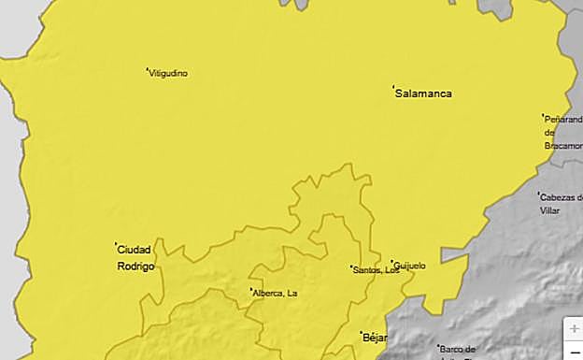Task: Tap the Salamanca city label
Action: pos(423,94)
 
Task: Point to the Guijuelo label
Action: pos(410,266)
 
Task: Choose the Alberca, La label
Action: pos(277,294)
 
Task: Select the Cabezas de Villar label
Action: pos(561,204)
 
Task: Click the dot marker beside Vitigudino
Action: pos(148,69)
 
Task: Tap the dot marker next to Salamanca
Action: pos(392,89)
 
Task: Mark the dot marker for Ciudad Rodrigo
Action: pos(116,245)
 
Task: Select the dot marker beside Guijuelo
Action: pos(392,262)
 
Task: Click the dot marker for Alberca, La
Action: pos(251,290)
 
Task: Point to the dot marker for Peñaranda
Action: pos(544,116)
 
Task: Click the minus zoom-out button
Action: pos(574,352)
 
